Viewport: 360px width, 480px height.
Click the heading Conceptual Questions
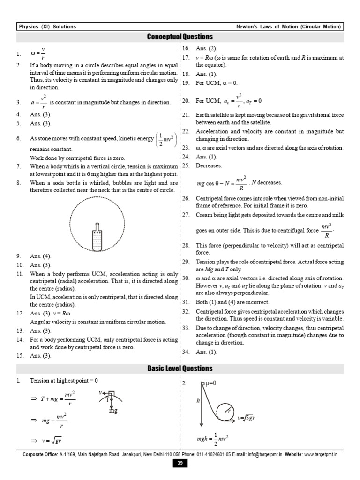[180, 37]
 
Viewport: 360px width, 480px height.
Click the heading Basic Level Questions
[180, 368]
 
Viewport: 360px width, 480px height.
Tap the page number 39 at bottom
[180, 464]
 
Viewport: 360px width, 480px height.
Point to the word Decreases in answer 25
[209, 165]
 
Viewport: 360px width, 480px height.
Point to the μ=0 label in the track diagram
[210, 383]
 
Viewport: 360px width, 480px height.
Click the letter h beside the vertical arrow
[198, 401]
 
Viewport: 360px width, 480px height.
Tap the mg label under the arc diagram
[113, 411]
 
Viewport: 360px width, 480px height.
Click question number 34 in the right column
[186, 352]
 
